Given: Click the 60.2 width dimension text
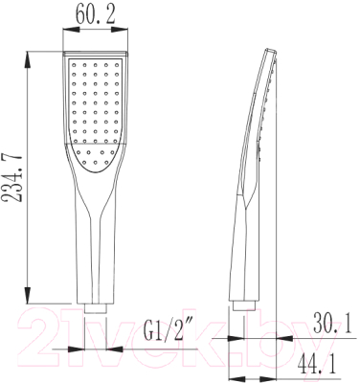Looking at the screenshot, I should point(95,16).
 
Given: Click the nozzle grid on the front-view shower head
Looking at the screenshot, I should point(95,105).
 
